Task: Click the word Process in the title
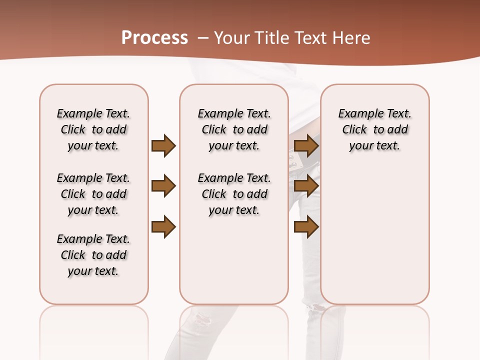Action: pos(154,37)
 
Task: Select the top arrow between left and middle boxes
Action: pos(163,145)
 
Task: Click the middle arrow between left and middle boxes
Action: pos(163,186)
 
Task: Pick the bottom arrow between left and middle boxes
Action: pos(163,227)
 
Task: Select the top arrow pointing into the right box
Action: pos(306,145)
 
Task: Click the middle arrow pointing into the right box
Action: pos(306,186)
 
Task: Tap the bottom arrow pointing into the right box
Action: pos(306,227)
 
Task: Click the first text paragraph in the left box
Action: pos(93,129)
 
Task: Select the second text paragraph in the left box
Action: pos(93,194)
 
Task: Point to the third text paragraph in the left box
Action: pos(93,255)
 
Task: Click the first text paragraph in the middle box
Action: pos(234,129)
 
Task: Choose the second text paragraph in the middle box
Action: pos(234,194)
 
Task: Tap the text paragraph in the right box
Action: pos(374,129)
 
